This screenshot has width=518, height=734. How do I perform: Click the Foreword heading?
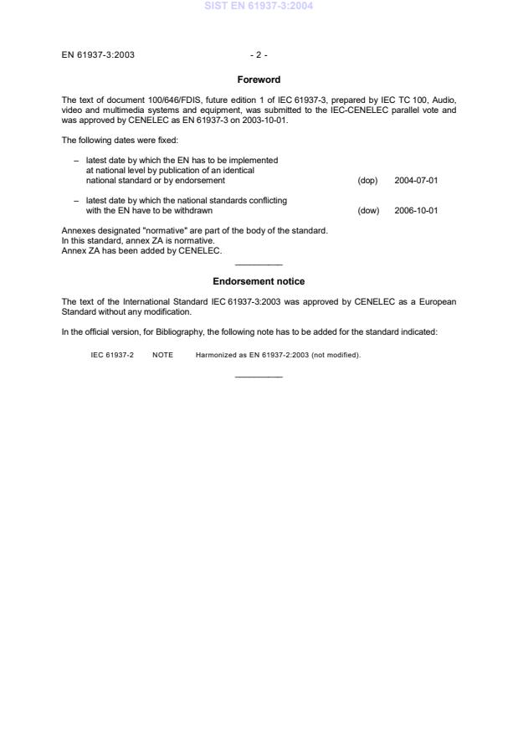(x=259, y=80)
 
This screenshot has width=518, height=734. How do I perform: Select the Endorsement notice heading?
(x=259, y=281)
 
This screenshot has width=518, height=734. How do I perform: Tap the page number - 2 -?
(x=259, y=55)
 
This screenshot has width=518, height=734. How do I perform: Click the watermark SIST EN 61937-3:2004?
(x=259, y=7)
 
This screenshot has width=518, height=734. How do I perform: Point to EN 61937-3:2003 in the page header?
(x=98, y=55)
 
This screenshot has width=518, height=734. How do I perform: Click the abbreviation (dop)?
(x=367, y=180)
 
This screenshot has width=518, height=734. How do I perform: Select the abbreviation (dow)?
(x=368, y=210)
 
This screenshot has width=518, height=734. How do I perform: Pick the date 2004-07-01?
(x=416, y=180)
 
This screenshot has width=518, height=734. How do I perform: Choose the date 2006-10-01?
(x=416, y=210)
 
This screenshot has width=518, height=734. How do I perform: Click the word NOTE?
(x=162, y=355)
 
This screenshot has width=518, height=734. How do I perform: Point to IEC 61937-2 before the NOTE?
(x=112, y=355)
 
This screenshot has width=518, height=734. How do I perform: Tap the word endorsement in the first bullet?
(x=201, y=180)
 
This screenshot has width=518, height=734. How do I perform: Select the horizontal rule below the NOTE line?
(x=259, y=377)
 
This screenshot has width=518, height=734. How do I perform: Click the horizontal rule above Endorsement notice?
(x=259, y=265)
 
